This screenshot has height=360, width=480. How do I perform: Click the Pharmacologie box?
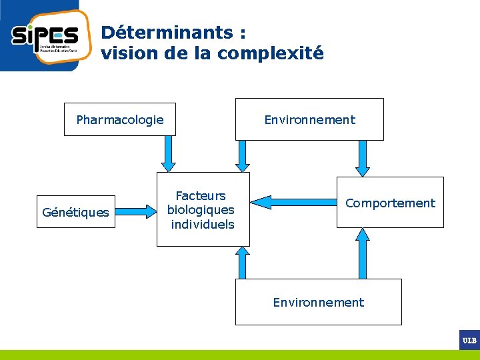120,119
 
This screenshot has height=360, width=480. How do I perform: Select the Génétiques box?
75,212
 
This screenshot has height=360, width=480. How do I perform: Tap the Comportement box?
390,203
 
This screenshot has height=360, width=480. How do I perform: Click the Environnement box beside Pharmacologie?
309,119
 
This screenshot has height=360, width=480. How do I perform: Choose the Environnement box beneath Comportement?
319,302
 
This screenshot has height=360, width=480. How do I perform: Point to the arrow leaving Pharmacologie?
169,154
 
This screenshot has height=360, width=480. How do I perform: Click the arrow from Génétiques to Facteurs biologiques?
136,212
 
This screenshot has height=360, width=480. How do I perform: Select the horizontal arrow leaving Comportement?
293,201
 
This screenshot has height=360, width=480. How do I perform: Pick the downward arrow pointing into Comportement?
362,158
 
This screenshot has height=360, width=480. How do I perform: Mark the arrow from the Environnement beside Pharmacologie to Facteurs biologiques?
243,156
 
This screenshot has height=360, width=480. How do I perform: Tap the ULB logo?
469,340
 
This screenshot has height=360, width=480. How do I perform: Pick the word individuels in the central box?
203,224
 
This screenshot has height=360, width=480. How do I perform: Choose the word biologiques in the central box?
201,210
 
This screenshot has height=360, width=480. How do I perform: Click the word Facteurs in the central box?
201,195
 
